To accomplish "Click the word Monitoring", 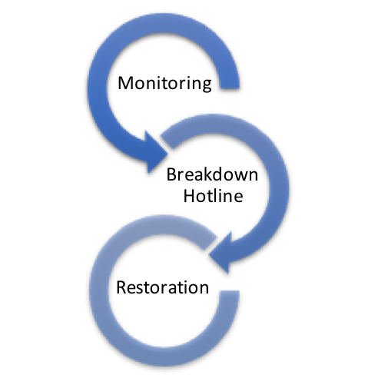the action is [164, 83].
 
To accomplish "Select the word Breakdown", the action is [212, 174].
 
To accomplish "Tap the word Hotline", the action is [213, 196].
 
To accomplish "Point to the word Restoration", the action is [163, 287].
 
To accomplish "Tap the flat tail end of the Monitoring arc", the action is [230, 88].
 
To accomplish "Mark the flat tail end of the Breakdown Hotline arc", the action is [167, 141].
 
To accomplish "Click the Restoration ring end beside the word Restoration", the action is [230, 291].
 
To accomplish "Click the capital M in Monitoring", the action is [125, 83].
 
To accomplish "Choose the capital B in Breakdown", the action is [171, 174].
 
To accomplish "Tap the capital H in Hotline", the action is [189, 196].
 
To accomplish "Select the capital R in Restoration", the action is [121, 287].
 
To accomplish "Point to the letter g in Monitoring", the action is [207, 85].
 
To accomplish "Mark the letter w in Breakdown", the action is [240, 176].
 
